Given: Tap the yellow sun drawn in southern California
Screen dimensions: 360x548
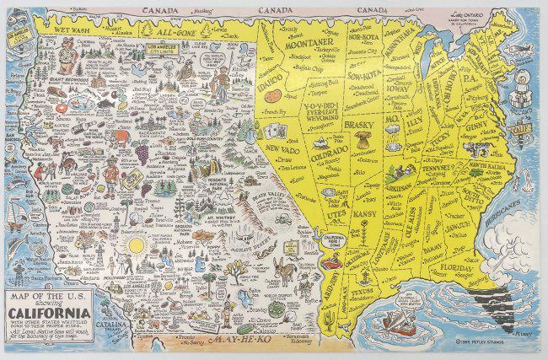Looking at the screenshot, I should point(132,246).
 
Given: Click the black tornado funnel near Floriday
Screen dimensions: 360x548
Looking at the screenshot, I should point(502,298).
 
